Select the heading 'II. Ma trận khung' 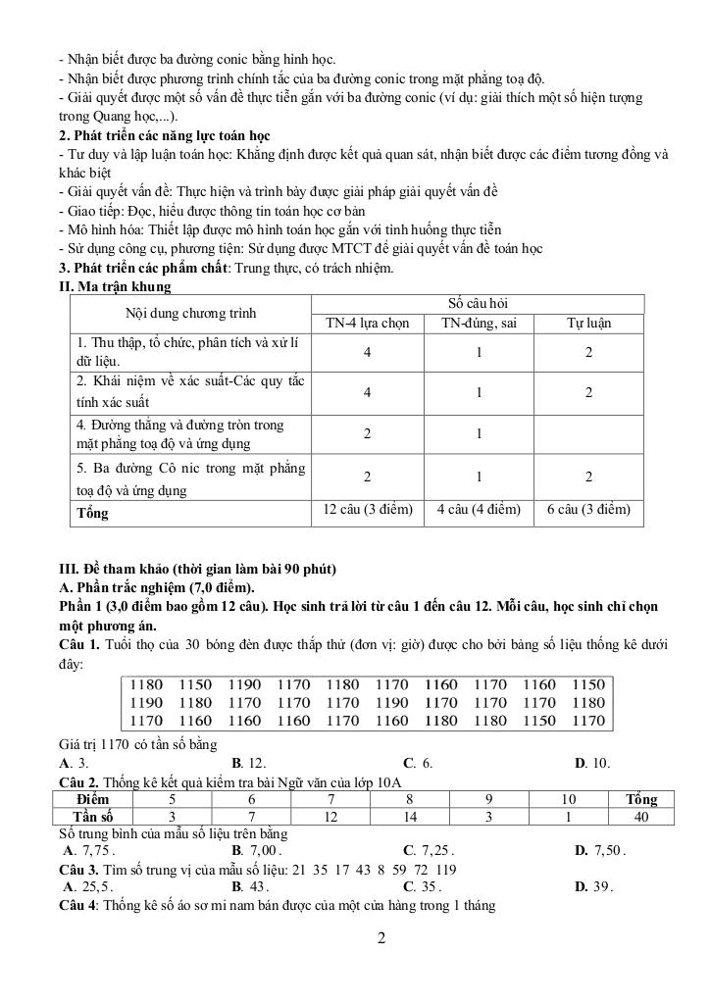pyautogui.click(x=116, y=286)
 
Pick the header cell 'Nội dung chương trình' pyautogui.click(x=190, y=314)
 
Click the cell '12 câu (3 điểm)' pyautogui.click(x=367, y=510)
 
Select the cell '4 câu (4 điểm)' pyautogui.click(x=479, y=510)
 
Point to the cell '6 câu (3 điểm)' pyautogui.click(x=588, y=510)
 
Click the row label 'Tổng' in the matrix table pyautogui.click(x=93, y=513)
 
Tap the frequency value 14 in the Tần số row pyautogui.click(x=410, y=816)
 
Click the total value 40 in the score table pyautogui.click(x=641, y=816)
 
